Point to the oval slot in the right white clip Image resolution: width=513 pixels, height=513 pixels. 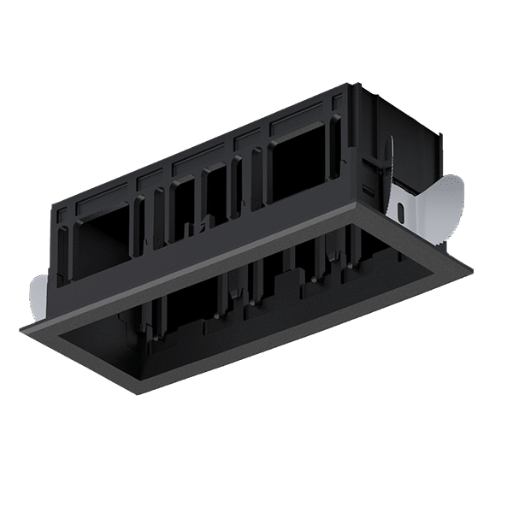coord(400,210)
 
